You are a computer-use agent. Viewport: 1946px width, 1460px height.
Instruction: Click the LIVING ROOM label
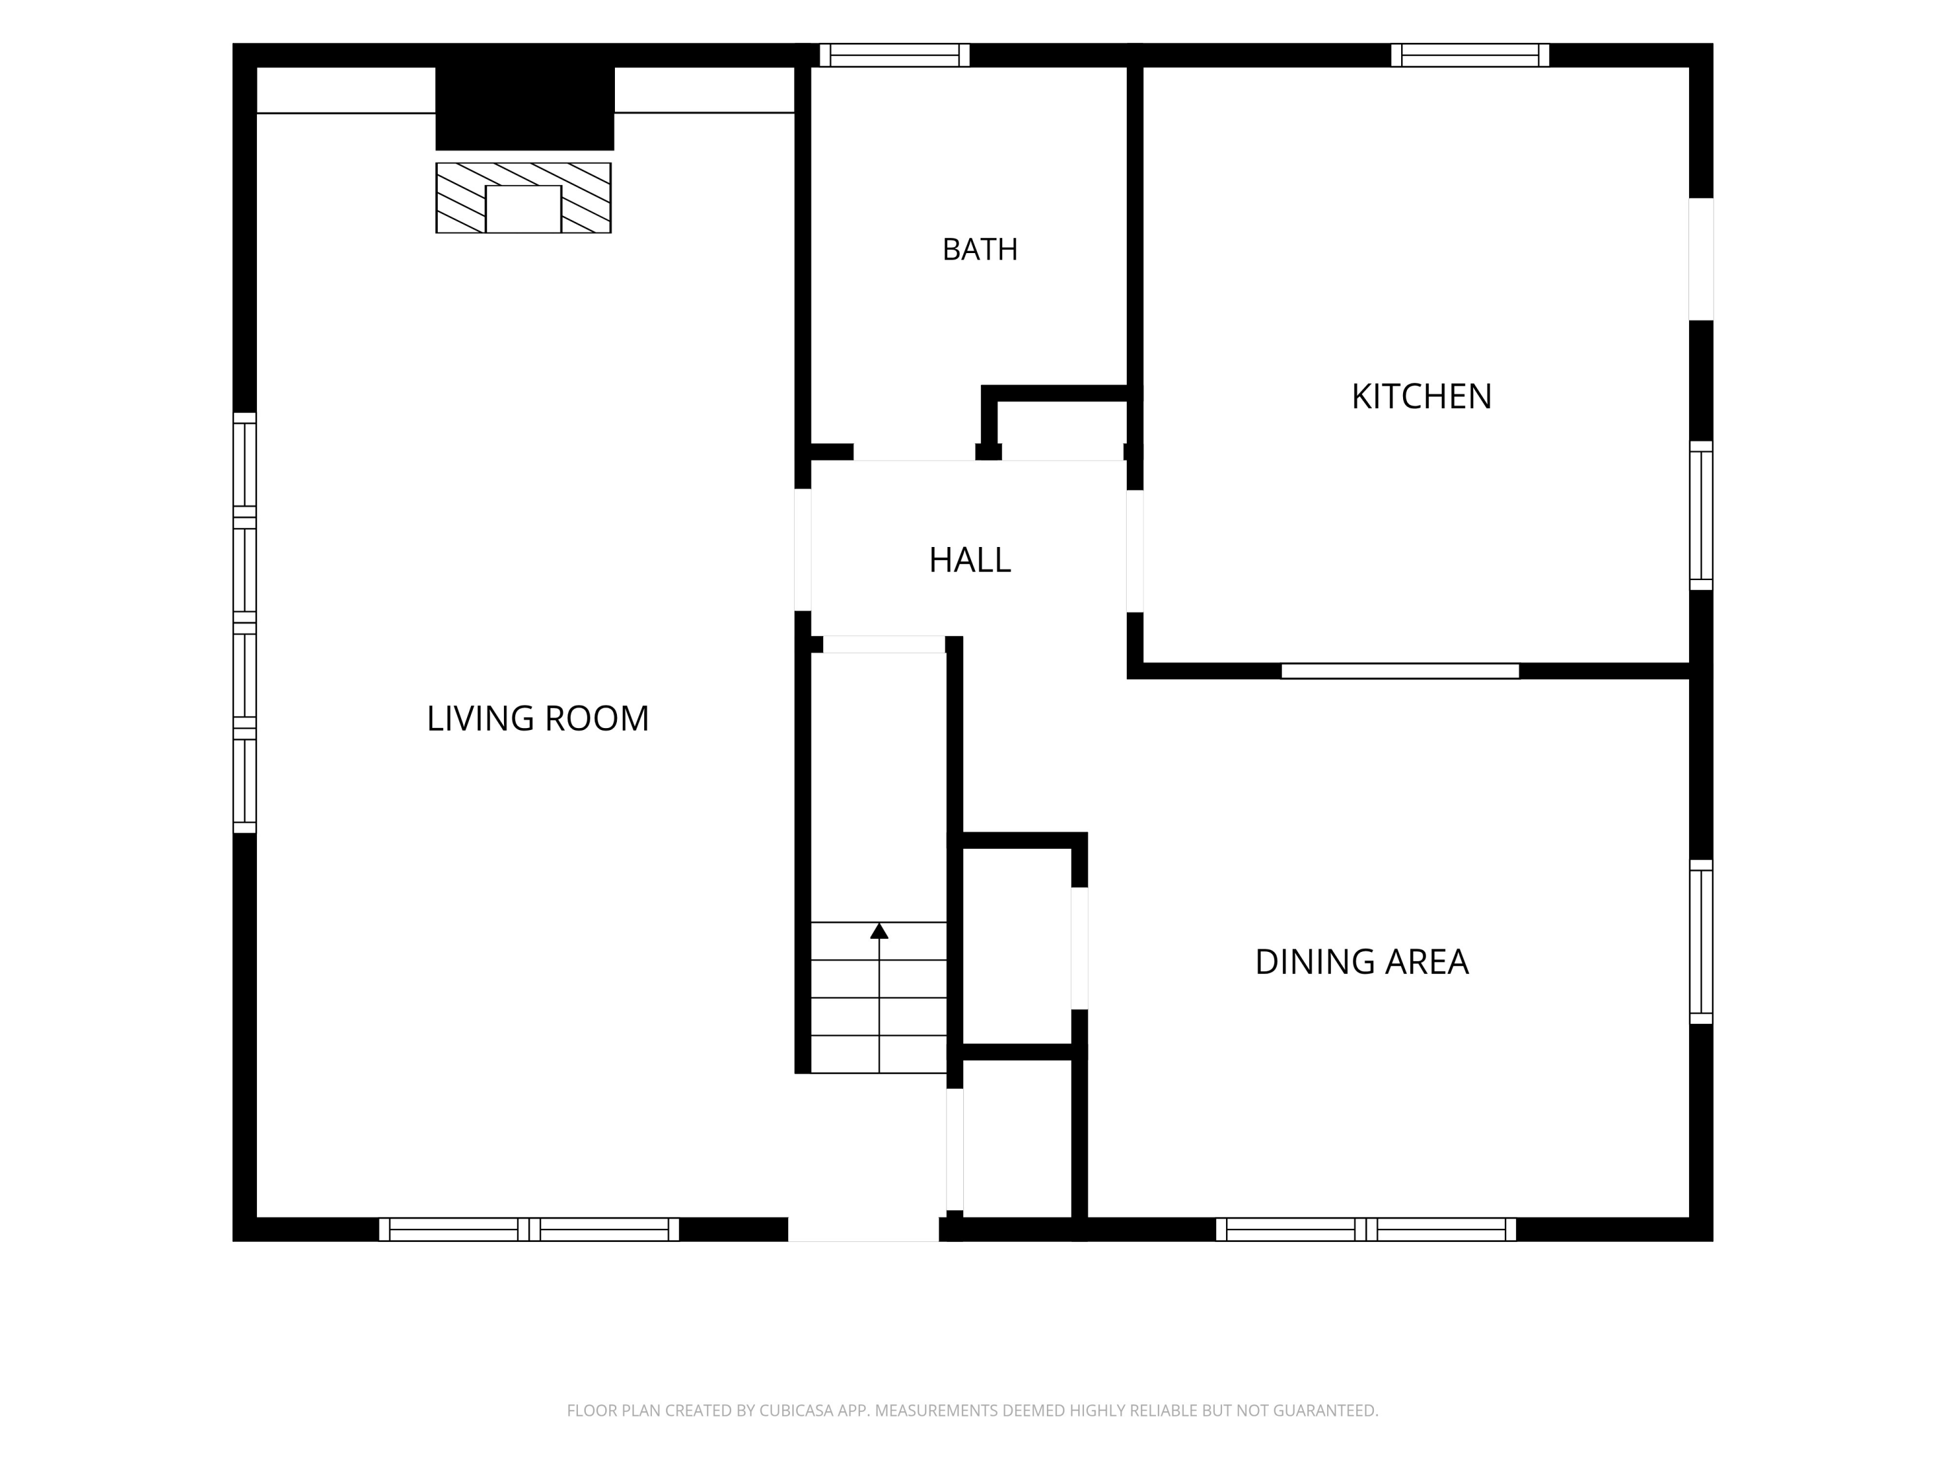coord(538,718)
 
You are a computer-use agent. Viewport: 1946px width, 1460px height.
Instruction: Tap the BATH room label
coord(980,250)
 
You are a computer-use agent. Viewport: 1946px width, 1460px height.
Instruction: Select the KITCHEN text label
coord(1422,397)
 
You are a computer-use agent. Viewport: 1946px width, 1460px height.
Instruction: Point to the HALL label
coord(970,560)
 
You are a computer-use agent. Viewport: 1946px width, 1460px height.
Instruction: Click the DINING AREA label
coord(1361,962)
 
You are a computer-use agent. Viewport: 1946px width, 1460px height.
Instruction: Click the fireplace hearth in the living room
coord(523,198)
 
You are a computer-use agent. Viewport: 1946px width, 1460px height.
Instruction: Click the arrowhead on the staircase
coord(879,931)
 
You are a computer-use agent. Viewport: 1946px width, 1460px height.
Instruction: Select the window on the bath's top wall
coord(895,55)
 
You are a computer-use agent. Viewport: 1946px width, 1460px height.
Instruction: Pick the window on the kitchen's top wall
coord(1470,55)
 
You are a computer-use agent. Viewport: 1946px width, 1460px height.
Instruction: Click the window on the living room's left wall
coord(245,623)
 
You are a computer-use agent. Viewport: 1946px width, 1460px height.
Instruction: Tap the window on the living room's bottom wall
coord(529,1230)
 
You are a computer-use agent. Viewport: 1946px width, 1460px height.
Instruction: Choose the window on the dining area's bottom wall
coord(1366,1230)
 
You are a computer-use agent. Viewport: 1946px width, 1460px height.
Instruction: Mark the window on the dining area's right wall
coord(1701,942)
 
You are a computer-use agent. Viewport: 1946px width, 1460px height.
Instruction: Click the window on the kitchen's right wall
coord(1701,516)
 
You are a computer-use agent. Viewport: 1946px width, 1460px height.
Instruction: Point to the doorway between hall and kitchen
coord(1135,551)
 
